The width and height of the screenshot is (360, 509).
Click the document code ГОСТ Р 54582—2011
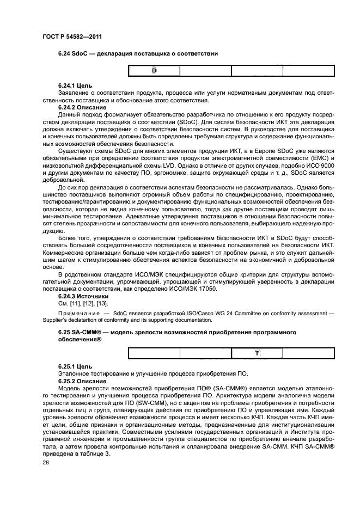[x=72, y=36]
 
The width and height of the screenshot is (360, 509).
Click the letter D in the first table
[x=154, y=71]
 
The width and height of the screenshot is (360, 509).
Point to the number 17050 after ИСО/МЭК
[x=208, y=289]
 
